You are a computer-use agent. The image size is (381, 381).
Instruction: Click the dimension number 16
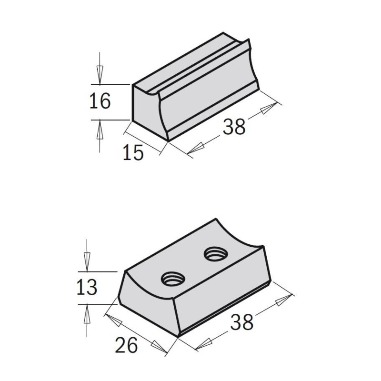100,101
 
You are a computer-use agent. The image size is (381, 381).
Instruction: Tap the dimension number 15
133,153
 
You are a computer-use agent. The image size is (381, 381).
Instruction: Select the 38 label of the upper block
234,127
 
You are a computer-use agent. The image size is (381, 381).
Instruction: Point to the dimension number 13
87,287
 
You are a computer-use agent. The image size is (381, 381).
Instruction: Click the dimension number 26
126,345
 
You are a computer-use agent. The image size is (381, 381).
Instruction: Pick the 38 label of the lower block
242,323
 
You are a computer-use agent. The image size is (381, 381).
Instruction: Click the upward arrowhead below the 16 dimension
100,130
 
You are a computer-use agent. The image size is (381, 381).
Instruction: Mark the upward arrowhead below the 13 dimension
87,314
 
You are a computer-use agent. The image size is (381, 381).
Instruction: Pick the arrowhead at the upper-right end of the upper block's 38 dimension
269,108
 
